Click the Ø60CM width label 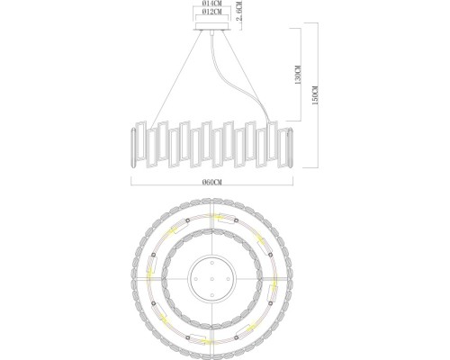[212, 181]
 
